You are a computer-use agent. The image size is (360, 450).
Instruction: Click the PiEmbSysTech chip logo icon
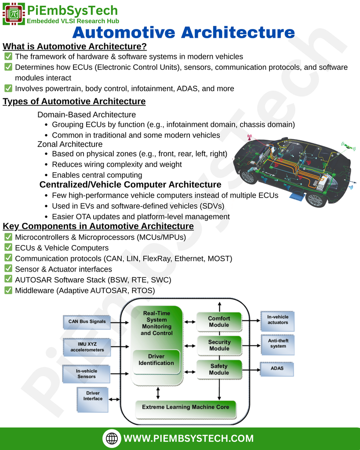click(14, 14)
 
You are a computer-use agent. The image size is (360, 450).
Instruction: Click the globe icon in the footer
click(112, 438)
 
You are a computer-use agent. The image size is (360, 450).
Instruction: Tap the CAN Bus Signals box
click(87, 322)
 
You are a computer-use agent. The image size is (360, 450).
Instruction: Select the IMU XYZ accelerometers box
click(87, 347)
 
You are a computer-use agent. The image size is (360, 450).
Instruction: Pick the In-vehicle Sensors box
click(87, 374)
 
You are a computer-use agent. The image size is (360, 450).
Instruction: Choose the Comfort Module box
click(219, 322)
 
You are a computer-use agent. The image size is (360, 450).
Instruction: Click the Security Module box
click(219, 345)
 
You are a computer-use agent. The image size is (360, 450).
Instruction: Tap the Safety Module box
click(219, 370)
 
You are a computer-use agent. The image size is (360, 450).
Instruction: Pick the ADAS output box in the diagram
click(277, 369)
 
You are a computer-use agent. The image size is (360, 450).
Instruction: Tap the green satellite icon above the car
click(349, 147)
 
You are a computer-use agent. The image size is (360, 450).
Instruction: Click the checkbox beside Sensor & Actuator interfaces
click(8, 269)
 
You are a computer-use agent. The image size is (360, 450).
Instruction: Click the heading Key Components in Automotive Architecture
click(98, 226)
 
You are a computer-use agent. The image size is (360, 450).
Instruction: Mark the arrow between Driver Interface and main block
click(115, 399)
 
